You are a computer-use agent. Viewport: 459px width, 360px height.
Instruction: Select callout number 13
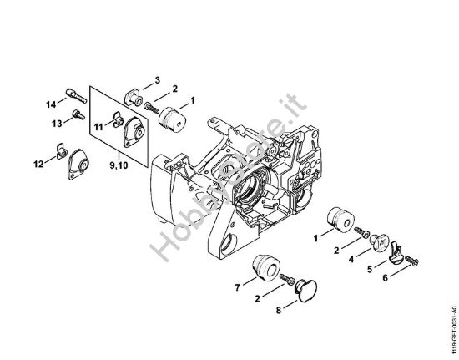[x=56, y=123]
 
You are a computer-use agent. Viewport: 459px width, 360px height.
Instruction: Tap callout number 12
[x=38, y=165]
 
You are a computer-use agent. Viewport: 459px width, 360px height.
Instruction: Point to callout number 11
[x=98, y=127]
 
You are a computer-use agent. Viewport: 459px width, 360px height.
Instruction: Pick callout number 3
[x=157, y=80]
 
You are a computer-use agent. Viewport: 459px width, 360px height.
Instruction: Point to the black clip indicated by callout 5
[x=398, y=249]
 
